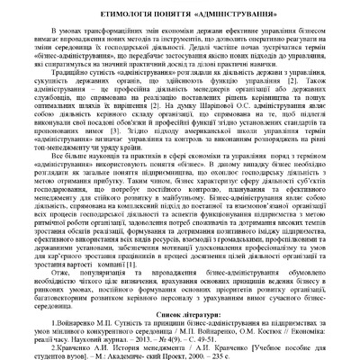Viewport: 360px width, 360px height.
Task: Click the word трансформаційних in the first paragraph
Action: point(86,33)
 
